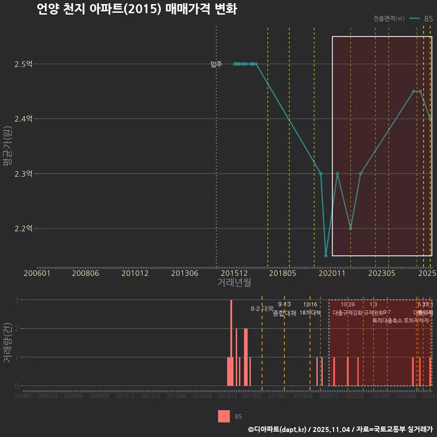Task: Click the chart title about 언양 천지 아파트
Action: [137, 10]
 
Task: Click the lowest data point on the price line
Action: [325, 256]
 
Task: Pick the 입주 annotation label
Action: [216, 65]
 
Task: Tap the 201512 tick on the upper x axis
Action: [234, 273]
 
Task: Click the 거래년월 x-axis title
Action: [234, 283]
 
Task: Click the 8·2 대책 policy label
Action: [262, 309]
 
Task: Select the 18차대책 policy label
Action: [310, 313]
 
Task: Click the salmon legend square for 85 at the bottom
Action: [224, 416]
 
